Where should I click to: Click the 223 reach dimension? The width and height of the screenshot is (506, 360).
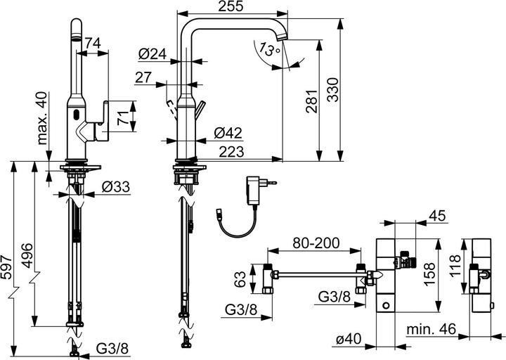(x=231, y=151)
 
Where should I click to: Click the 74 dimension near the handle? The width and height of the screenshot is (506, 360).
(x=91, y=43)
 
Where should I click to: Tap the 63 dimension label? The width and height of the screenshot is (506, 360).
(x=240, y=281)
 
